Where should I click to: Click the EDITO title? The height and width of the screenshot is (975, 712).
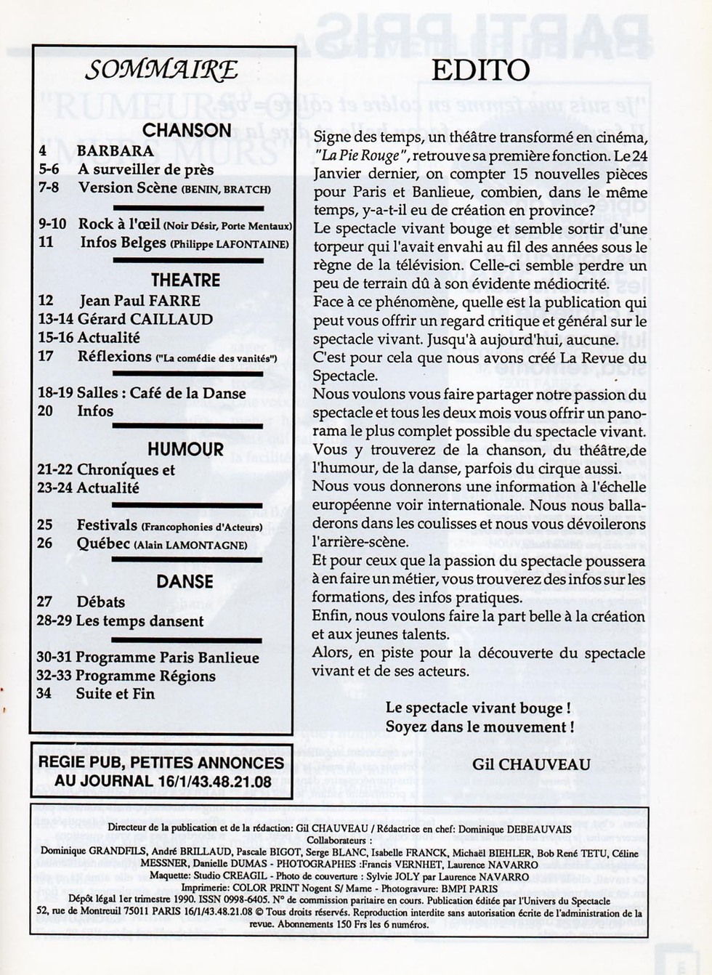pyautogui.click(x=480, y=70)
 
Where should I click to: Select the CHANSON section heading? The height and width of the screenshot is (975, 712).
pyautogui.click(x=187, y=130)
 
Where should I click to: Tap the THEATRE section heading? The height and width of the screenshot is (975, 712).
pyautogui.click(x=185, y=280)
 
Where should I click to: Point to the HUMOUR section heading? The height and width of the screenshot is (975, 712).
pyautogui.click(x=186, y=449)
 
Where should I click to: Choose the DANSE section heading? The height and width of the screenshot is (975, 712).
pyautogui.click(x=185, y=581)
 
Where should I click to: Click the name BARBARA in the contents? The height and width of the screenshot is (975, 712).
pyautogui.click(x=115, y=151)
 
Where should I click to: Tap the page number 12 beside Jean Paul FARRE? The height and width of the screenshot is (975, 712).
pyautogui.click(x=46, y=301)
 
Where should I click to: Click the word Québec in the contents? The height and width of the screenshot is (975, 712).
pyautogui.click(x=103, y=543)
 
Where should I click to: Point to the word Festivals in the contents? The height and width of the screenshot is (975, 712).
pyautogui.click(x=107, y=525)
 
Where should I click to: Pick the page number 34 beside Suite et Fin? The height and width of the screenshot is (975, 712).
pyautogui.click(x=44, y=693)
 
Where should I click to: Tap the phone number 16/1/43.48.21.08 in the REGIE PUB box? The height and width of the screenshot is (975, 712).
pyautogui.click(x=214, y=782)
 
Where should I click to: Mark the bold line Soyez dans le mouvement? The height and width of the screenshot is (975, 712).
pyautogui.click(x=480, y=727)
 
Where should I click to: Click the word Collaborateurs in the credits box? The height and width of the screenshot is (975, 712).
pyautogui.click(x=339, y=840)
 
